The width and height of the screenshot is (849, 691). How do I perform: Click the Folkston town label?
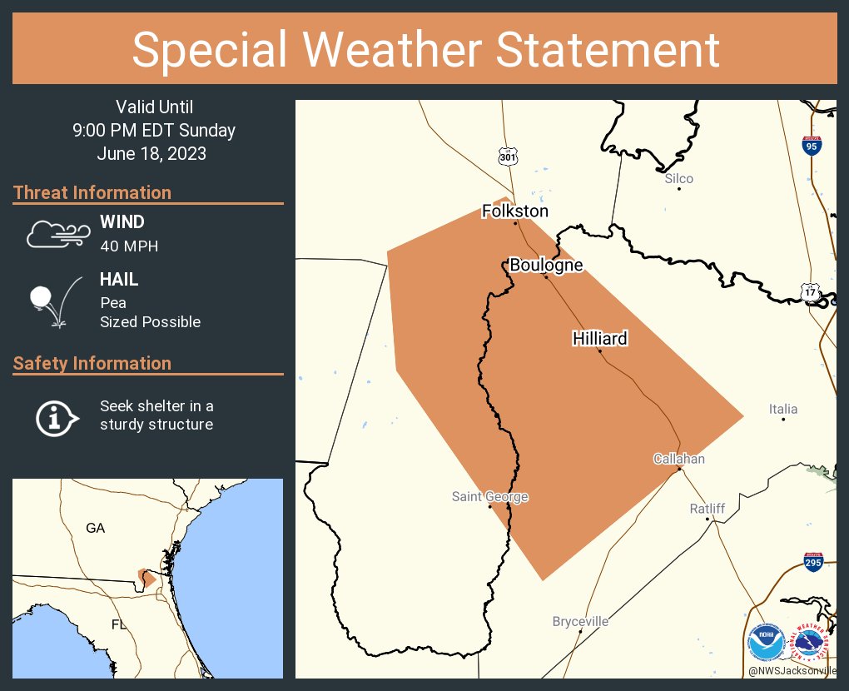point(515,211)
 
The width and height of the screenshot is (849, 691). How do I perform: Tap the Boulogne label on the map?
point(546,266)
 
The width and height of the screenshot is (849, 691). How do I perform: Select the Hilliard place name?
point(599,339)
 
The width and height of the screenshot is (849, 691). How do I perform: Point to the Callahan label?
point(679,459)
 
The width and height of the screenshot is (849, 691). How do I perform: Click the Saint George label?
point(490,497)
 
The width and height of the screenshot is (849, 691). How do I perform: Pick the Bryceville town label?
point(580,621)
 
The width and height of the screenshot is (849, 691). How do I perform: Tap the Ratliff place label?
point(707,509)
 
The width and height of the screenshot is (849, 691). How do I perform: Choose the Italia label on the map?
point(783,409)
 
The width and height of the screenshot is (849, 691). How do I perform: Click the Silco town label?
point(679,178)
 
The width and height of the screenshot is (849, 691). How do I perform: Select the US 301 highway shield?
point(508,157)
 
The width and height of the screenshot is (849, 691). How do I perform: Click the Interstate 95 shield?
point(812,146)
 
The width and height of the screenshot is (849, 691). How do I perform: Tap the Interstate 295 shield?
point(813,562)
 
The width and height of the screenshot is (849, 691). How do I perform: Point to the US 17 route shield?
point(810,292)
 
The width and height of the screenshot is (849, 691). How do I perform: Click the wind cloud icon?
point(57,234)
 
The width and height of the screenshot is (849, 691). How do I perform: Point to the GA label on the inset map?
point(96,528)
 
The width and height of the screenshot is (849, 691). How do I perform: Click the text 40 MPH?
point(129,246)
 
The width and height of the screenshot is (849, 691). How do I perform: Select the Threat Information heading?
point(92,192)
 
